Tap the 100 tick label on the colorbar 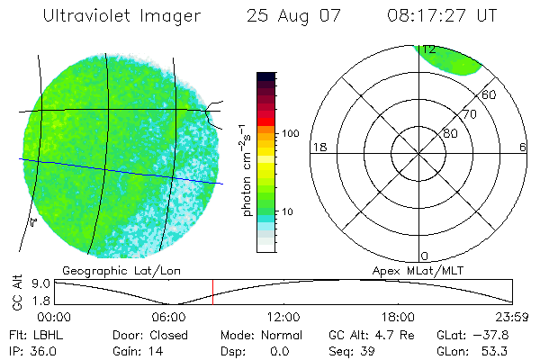point(290,133)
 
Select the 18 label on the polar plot point(318,147)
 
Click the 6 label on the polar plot point(523,147)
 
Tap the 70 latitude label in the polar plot point(469,114)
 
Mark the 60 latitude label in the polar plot point(489,94)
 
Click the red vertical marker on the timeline point(212,292)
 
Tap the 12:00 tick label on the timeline point(283,317)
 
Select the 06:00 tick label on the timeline point(168,317)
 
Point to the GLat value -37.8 point(503,334)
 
